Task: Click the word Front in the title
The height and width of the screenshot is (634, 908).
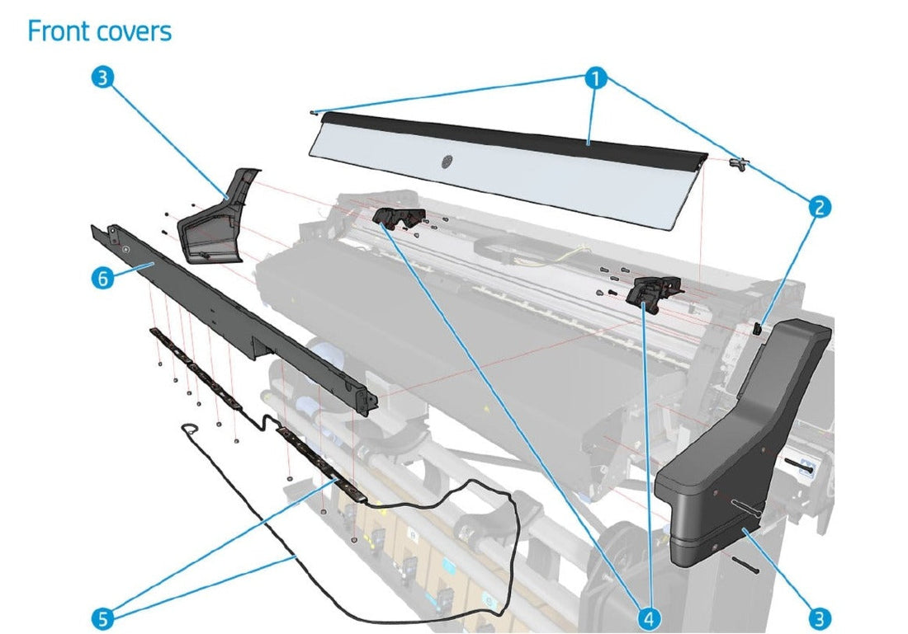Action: coord(57,31)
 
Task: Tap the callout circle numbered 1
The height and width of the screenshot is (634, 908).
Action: coord(595,79)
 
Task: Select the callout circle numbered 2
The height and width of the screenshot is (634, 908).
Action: coord(818,207)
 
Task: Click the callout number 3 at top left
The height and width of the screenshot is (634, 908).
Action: coord(102,78)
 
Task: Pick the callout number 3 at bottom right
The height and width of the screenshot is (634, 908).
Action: coord(819,618)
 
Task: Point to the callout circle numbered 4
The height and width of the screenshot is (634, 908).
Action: coord(650,618)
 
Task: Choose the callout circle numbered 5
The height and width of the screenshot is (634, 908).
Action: coord(102,618)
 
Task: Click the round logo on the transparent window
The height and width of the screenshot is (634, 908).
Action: coord(447,162)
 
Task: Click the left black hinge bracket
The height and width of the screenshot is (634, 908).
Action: coord(394,219)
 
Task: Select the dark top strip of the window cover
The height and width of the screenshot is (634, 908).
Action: coord(512,136)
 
